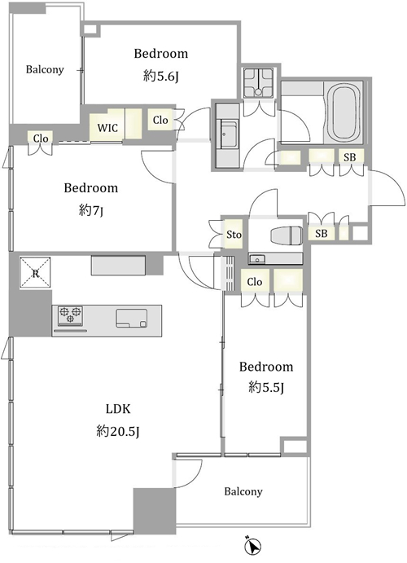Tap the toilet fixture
286,236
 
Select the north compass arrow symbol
253,547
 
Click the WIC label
107,128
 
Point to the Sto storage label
234,235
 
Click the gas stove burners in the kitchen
70,314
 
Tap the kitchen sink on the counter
132,319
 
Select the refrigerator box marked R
35,272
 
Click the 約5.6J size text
161,76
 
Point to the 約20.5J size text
117,431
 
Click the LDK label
117,409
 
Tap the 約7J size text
91,210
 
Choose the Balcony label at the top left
45,69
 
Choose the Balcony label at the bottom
243,491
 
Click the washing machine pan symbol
258,83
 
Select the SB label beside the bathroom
350,157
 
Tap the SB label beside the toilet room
322,233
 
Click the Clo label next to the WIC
160,120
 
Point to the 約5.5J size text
266,388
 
